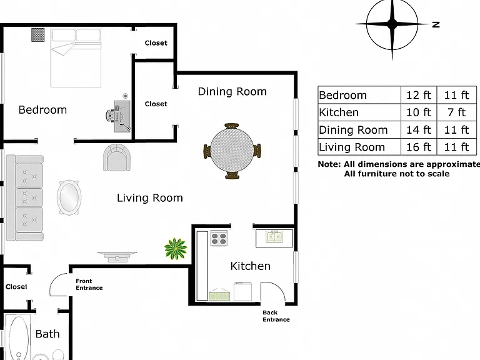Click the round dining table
click(232, 151)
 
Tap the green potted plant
click(176, 249)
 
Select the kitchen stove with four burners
click(219, 238)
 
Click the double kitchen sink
click(274, 237)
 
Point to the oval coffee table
click(69, 197)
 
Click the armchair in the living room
click(117, 157)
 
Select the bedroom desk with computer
click(122, 116)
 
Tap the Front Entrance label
click(89, 284)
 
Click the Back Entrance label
click(276, 316)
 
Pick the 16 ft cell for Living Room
click(419, 147)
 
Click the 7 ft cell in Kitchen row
click(456, 112)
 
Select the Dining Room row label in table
click(353, 130)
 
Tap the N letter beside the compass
click(436, 24)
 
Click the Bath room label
click(47, 334)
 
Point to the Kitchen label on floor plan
click(251, 266)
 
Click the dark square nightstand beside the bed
click(38, 34)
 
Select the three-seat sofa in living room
click(24, 197)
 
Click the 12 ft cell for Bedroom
click(419, 95)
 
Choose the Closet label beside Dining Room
click(156, 104)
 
